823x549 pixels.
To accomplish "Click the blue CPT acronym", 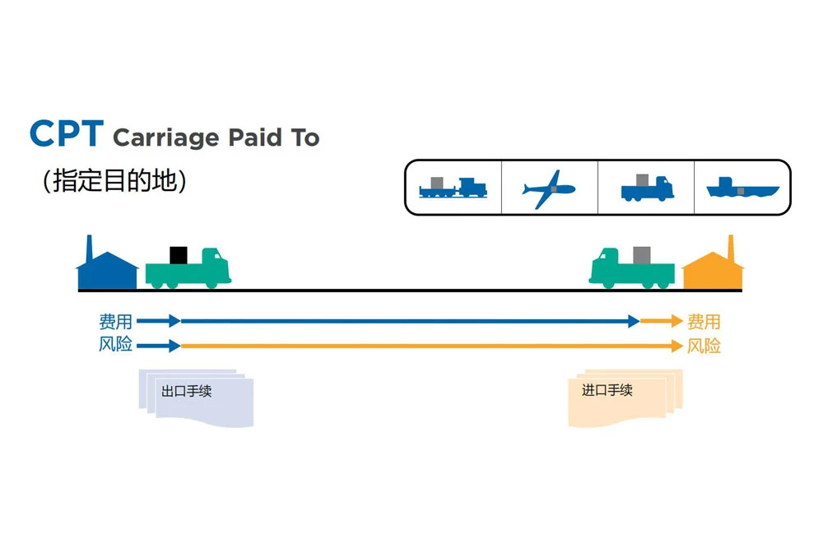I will coord(66,133).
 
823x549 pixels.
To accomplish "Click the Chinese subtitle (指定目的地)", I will coord(114,181).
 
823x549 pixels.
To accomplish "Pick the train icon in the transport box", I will coord(453,188).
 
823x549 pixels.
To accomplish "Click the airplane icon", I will coord(548,188).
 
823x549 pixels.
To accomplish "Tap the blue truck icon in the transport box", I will coord(646,188).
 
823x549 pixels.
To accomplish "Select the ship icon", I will coord(742,188).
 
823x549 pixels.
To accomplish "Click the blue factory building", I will coord(106,264).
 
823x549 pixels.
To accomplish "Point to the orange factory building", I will coord(713,265).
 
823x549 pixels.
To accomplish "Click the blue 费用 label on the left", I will coord(115,322).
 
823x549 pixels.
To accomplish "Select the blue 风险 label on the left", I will coord(115,345).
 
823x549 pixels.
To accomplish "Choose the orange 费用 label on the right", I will coord(704,322).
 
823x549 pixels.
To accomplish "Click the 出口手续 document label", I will coord(187,391).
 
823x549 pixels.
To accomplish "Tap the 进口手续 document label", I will coord(607,390).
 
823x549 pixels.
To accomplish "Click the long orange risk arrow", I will coord(428,346).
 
